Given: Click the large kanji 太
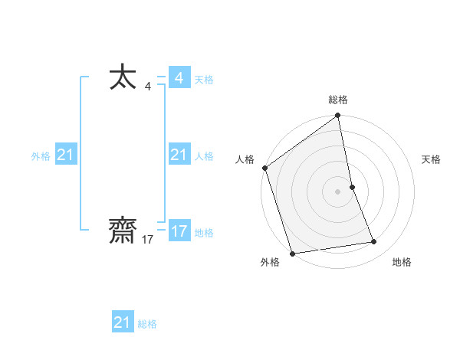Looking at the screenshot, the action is (123, 78).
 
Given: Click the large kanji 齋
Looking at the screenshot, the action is (123, 231).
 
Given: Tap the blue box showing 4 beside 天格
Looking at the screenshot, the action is (179, 78).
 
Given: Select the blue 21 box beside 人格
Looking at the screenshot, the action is (179, 155).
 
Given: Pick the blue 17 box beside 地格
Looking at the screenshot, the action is (179, 231).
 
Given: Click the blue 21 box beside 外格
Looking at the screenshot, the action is (66, 155).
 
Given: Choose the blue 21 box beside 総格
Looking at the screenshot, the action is (123, 322).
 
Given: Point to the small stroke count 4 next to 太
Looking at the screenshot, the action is (147, 87).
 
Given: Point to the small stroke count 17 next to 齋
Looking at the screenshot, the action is (148, 240).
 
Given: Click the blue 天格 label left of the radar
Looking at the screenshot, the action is (204, 80).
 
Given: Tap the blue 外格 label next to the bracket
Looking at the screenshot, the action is (41, 156).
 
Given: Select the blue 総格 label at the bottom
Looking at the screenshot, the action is (147, 324).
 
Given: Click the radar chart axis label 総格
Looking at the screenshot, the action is (338, 100).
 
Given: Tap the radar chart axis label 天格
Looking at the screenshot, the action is (431, 159).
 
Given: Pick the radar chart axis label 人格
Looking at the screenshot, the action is (245, 159).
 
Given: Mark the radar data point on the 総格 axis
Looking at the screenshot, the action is (338, 116).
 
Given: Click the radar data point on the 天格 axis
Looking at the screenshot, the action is (352, 186).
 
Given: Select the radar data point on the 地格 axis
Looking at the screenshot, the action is (374, 242).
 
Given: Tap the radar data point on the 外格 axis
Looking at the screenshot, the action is (292, 253).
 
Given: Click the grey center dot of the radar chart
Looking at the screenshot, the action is (338, 191).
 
